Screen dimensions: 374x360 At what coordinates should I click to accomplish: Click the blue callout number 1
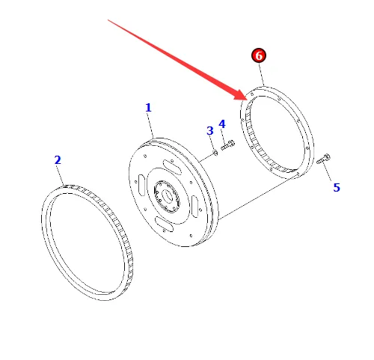click(x=148, y=108)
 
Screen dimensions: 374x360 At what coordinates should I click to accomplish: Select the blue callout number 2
click(x=58, y=160)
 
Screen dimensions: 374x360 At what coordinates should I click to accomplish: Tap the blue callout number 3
click(x=210, y=131)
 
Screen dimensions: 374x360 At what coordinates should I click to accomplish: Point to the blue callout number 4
click(x=222, y=124)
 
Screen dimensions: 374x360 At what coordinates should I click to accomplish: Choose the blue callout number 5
click(x=337, y=187)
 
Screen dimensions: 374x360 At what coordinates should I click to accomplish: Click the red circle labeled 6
click(x=259, y=55)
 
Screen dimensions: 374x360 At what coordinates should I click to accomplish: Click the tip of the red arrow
click(x=248, y=100)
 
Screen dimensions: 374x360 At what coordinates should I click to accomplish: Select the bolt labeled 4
click(x=227, y=145)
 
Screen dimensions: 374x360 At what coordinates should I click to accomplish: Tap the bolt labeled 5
click(x=323, y=159)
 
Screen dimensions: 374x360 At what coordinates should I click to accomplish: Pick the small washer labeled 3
click(x=215, y=152)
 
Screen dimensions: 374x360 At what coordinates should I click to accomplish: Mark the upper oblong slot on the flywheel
click(x=173, y=166)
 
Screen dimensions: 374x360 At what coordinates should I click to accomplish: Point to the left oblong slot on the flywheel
click(x=141, y=185)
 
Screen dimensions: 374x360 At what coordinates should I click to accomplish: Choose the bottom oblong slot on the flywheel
click(x=164, y=224)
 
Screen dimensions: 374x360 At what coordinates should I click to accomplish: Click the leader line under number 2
click(x=61, y=176)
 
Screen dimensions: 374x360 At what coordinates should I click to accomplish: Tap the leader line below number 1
click(x=151, y=126)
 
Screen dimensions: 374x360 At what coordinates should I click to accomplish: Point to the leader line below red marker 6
click(x=261, y=75)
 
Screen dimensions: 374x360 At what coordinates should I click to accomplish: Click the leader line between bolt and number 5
click(x=328, y=173)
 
